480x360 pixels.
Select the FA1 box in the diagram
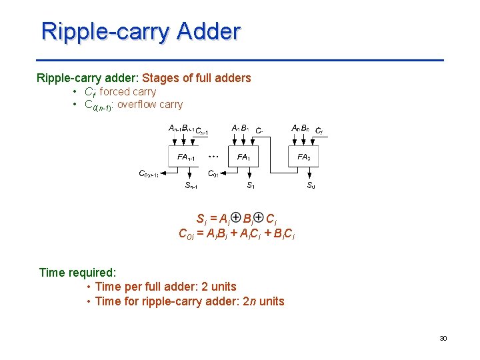coord(245,157)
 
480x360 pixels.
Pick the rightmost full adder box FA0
coord(304,157)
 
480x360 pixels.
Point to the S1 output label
coord(251,185)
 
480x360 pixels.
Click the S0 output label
coord(311,185)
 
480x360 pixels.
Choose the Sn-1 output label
coord(191,185)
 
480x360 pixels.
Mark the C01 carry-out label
coord(214,174)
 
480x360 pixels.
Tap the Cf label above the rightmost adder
coord(319,131)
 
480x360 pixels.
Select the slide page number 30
coord(443,339)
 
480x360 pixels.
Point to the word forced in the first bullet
coord(115,92)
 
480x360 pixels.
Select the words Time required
coord(77,272)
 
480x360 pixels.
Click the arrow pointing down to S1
coord(251,174)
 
